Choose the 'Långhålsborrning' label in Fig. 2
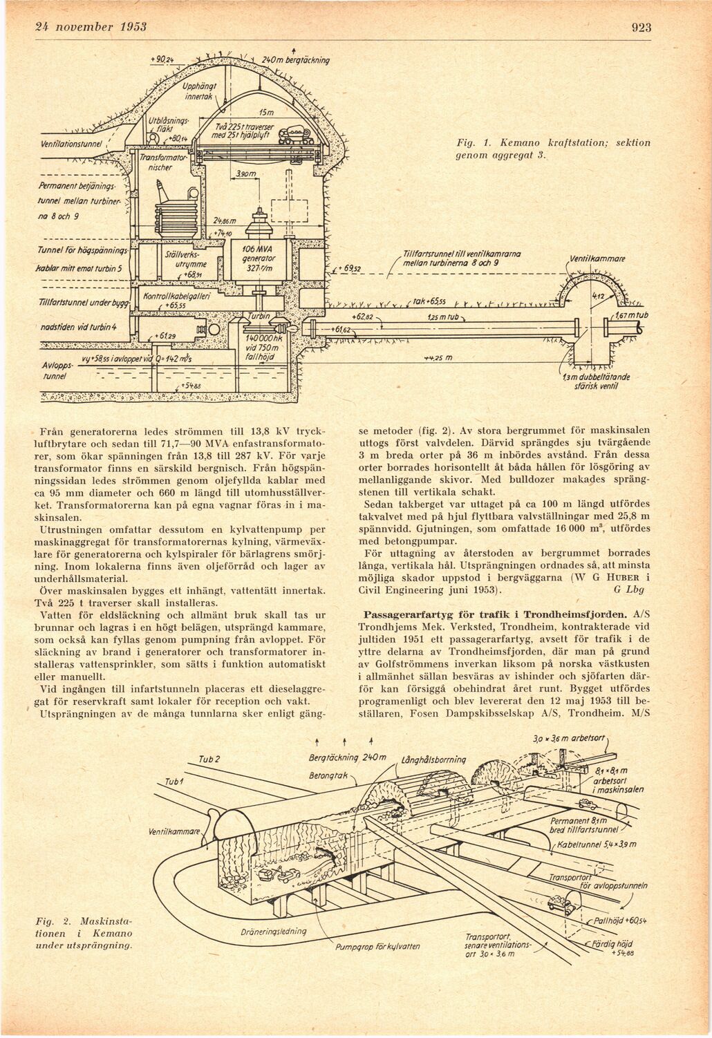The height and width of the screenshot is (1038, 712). point(433,760)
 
